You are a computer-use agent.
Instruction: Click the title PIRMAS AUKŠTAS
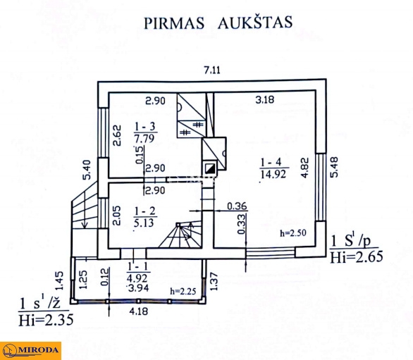pyautogui.click(x=218, y=23)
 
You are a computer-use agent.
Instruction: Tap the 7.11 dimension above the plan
pyautogui.click(x=212, y=70)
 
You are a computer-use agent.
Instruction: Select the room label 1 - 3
pyautogui.click(x=145, y=127)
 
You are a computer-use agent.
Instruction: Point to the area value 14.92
pyautogui.click(x=273, y=174)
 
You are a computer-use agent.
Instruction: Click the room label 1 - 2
pyautogui.click(x=145, y=211)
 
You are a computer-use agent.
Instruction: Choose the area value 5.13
pyautogui.click(x=144, y=223)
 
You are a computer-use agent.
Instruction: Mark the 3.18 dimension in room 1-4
pyautogui.click(x=265, y=99)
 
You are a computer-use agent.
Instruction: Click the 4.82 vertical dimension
pyautogui.click(x=304, y=168)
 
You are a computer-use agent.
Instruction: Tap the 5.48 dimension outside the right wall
pyautogui.click(x=334, y=167)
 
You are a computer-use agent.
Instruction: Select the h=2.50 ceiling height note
pyautogui.click(x=293, y=232)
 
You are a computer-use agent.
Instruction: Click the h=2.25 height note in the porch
pyautogui.click(x=183, y=291)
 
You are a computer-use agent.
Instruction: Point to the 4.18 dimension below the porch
pyautogui.click(x=139, y=311)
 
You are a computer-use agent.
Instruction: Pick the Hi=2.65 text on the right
pyautogui.click(x=357, y=257)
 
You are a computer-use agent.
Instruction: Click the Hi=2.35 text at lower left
pyautogui.click(x=46, y=320)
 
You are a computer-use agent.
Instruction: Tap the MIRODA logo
pyautogui.click(x=30, y=351)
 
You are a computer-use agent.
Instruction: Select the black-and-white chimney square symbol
pyautogui.click(x=210, y=168)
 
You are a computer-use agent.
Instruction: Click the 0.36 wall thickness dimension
pyautogui.click(x=237, y=206)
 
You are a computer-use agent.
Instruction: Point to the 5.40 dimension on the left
pyautogui.click(x=87, y=170)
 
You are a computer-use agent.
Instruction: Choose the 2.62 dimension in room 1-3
pyautogui.click(x=117, y=135)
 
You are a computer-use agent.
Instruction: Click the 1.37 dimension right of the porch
pyautogui.click(x=214, y=281)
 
